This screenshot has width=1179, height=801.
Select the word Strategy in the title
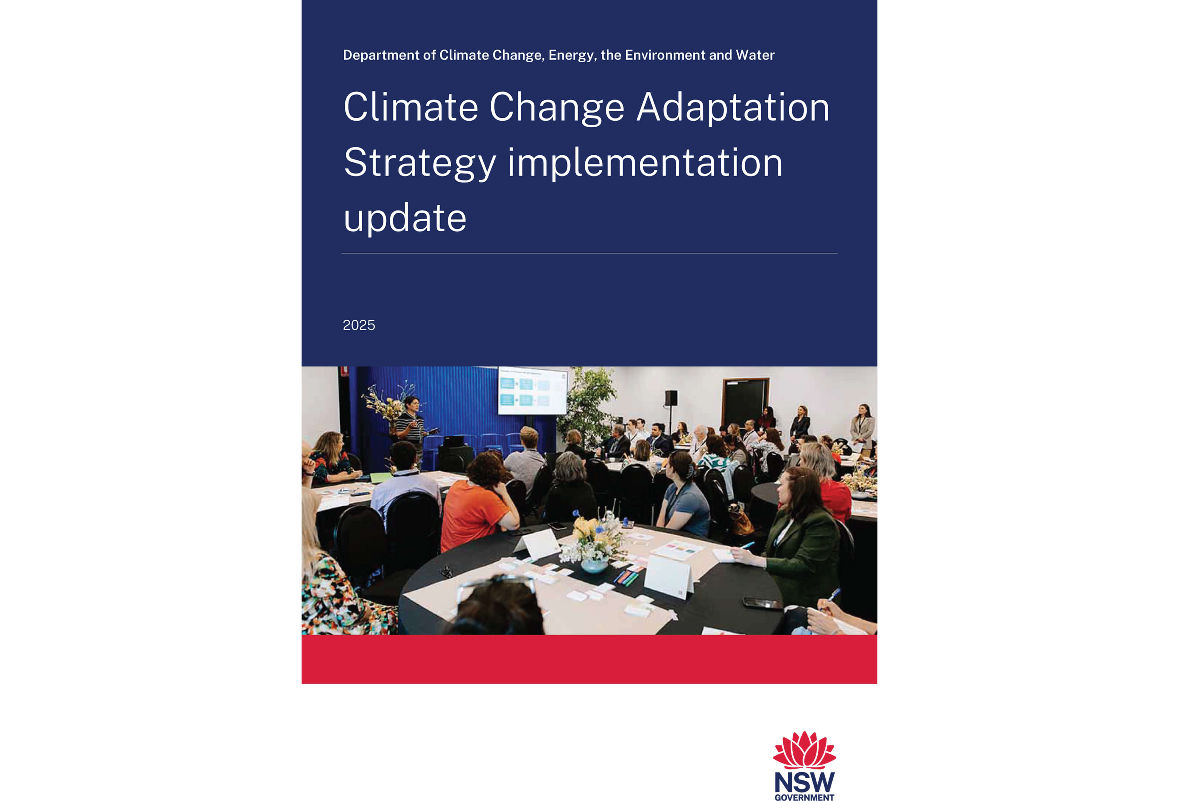pos(419,163)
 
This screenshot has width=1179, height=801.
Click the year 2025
pos(359,325)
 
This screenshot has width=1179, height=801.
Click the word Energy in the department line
pos(571,55)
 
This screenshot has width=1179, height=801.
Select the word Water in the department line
pos(755,55)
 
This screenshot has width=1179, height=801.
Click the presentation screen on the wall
pos(532,391)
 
